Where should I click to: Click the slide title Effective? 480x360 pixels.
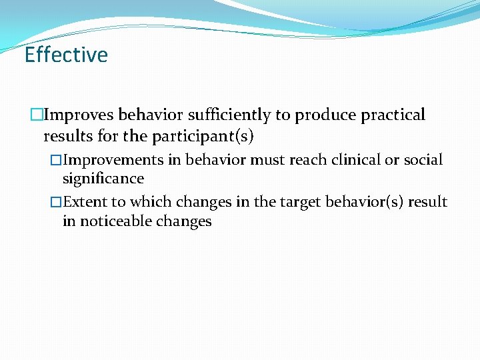coord(65,55)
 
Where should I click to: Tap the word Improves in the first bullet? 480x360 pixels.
coord(74,115)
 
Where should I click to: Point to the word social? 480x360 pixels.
coord(423,160)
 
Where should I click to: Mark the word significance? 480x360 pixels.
coord(103,179)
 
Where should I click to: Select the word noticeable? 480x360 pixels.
coord(117,221)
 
